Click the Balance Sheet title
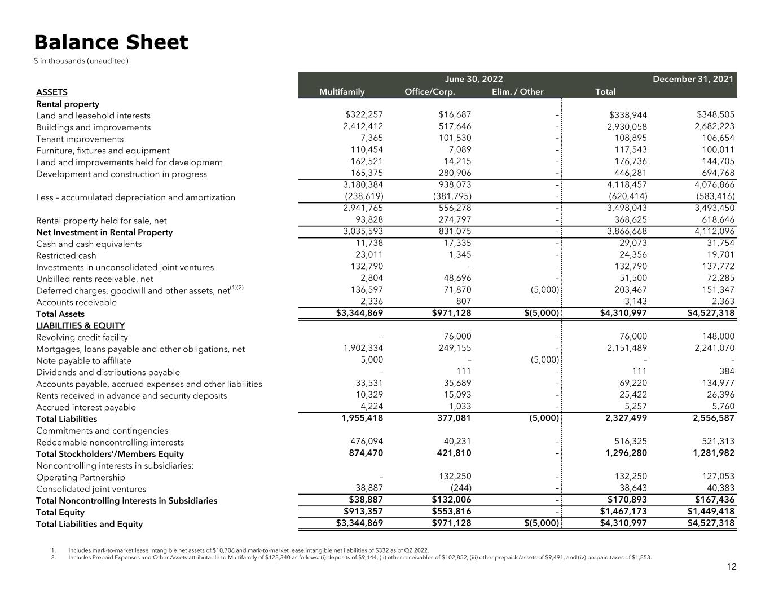coord(111,42)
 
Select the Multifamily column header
coord(342,92)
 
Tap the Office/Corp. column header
coord(429,92)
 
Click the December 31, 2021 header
coord(693,79)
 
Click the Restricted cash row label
coord(66,255)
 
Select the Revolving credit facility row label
coord(82,337)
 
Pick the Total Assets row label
coord(60,314)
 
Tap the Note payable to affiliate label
coord(83,361)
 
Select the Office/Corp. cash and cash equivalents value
coord(457,244)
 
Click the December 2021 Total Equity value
coord(711,512)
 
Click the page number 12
coord(731,567)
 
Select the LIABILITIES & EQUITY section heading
coord(80,325)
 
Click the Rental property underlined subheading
coord(67,104)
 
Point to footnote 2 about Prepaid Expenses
coord(359,557)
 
